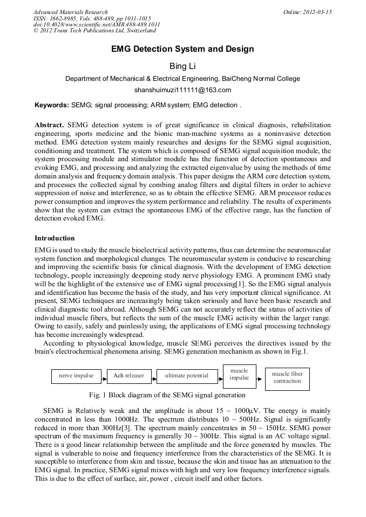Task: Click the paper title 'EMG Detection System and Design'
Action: pos(182,49)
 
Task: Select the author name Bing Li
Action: pos(182,66)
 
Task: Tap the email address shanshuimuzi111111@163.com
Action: pos(182,90)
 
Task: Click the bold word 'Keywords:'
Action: pos(52,105)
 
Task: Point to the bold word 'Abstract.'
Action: pos(50,125)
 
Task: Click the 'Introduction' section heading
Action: pos(55,238)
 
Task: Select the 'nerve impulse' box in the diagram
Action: pos(76,375)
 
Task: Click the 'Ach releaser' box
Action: pos(128,375)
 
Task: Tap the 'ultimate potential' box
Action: pos(186,375)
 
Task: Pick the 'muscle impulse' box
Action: pos(239,375)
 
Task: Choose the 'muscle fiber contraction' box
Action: pos(287,377)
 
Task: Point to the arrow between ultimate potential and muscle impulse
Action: pos(220,375)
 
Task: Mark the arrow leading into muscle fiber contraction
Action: pos(260,375)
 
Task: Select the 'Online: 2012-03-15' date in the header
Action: pos(307,12)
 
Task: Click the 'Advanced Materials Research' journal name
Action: pos(71,12)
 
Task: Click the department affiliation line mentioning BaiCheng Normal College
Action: pos(182,79)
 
